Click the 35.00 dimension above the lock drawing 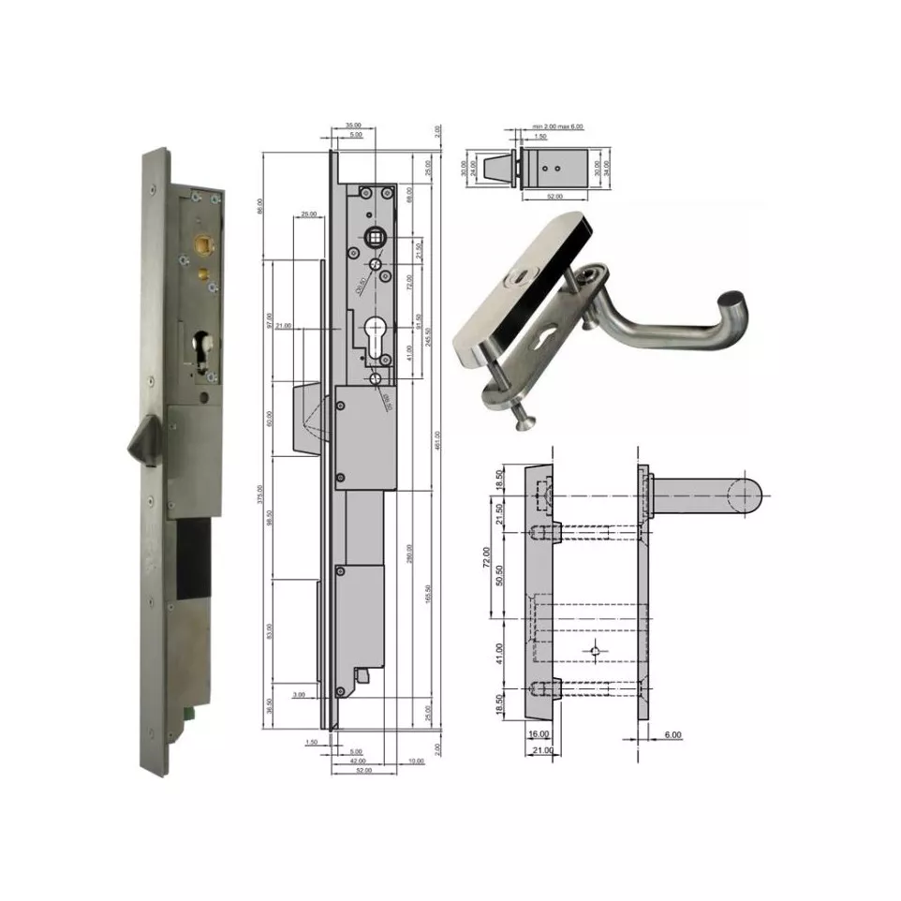tap(352, 125)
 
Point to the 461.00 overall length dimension tap(438, 439)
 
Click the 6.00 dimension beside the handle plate tap(673, 735)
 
